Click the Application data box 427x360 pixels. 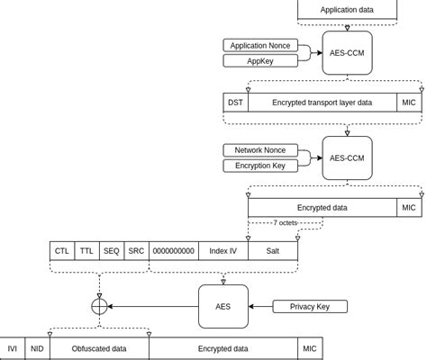[347, 11]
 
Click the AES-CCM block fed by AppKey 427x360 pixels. [347, 53]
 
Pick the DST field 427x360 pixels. [234, 103]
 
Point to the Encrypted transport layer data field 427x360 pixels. [322, 103]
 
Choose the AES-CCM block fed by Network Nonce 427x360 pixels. [347, 158]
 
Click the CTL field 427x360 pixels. [62, 251]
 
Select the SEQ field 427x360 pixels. [112, 251]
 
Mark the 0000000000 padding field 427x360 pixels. [173, 251]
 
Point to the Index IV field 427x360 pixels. [223, 251]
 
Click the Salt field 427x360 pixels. [272, 251]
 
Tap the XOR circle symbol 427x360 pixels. [99, 306]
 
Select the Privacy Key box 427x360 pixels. [309, 307]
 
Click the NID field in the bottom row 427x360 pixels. [37, 348]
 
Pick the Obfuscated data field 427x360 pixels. [99, 348]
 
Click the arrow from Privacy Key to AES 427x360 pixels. [260, 307]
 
